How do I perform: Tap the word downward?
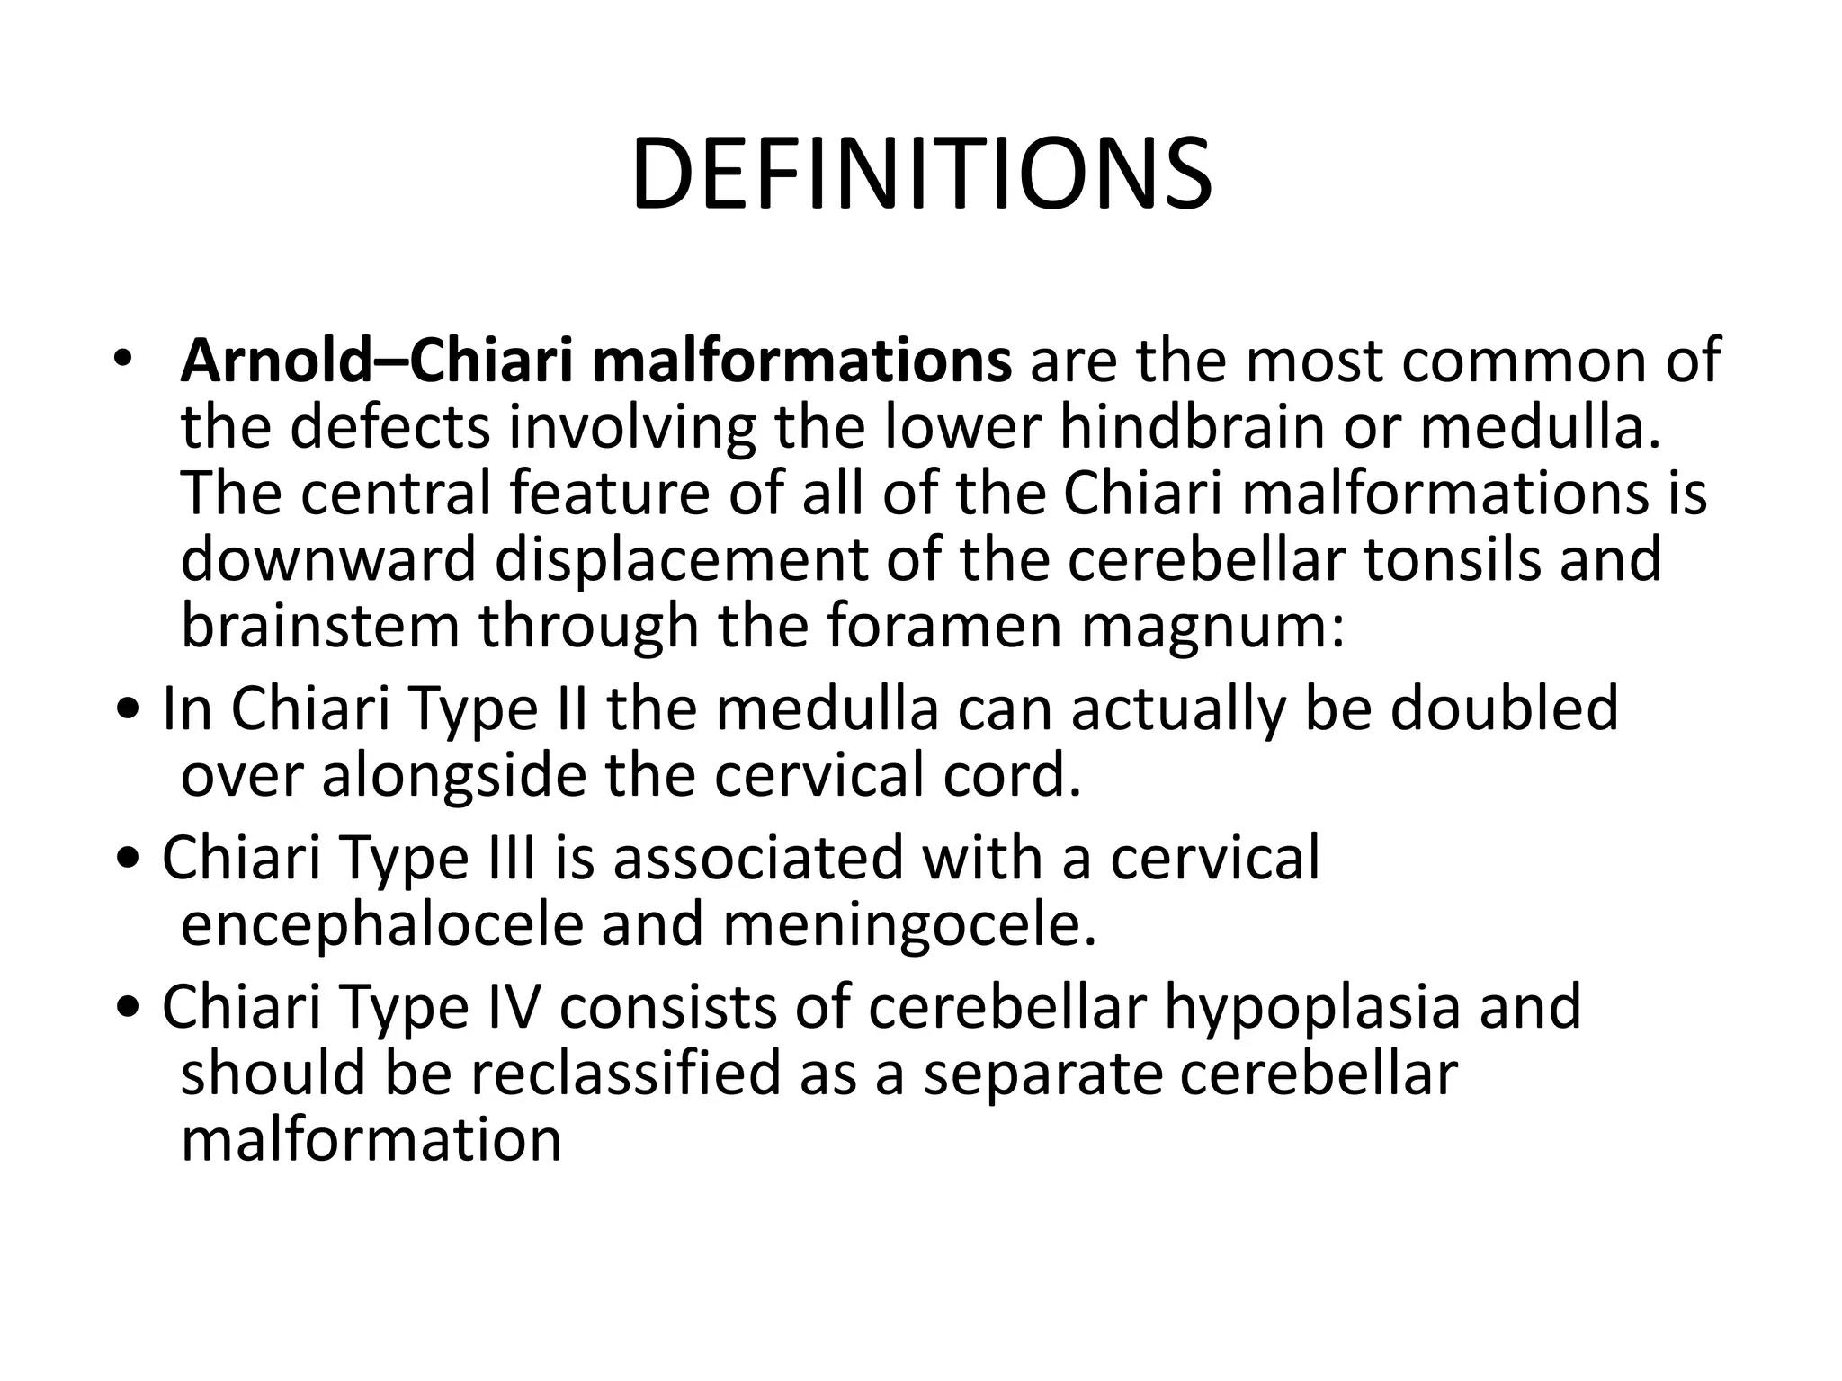[328, 559]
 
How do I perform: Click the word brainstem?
[320, 626]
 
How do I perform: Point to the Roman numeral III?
[511, 857]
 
